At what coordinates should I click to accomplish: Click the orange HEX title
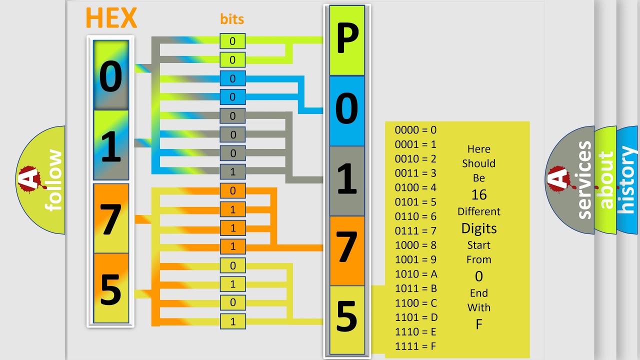(x=111, y=18)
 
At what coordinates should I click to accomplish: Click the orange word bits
(x=232, y=19)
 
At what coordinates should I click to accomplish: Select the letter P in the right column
(x=347, y=40)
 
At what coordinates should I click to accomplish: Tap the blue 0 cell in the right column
(x=347, y=110)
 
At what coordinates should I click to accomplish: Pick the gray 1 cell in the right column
(x=347, y=180)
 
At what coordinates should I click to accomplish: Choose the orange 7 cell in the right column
(x=347, y=250)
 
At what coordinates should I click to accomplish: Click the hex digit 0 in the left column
(x=110, y=76)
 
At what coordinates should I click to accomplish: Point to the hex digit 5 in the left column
(x=110, y=288)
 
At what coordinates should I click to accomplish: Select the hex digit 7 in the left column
(x=110, y=218)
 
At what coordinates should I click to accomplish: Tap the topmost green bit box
(x=232, y=41)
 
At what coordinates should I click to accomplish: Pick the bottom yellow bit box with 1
(x=232, y=321)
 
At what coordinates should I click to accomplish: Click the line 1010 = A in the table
(x=416, y=274)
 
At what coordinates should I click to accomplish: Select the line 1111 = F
(x=416, y=346)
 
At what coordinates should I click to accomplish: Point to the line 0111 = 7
(x=416, y=231)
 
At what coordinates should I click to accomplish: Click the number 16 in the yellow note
(x=478, y=195)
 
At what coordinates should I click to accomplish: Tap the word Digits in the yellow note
(x=478, y=229)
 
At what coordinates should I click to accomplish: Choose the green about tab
(x=605, y=180)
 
